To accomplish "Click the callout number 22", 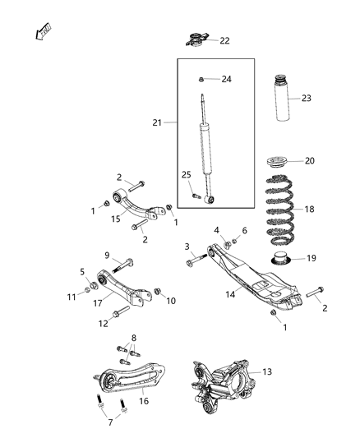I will [224, 40].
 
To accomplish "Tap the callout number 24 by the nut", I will [227, 80].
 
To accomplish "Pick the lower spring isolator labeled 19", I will [279, 262].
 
